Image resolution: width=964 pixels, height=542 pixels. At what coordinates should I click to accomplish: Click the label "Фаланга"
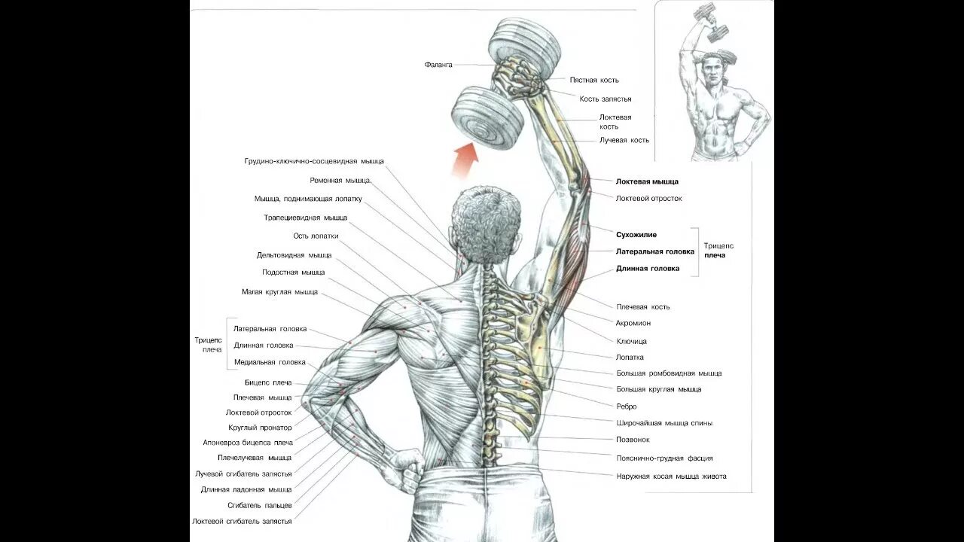point(438,65)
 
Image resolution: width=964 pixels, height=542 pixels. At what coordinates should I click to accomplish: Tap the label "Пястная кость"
point(594,80)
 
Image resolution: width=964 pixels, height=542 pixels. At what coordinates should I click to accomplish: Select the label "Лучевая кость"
point(624,140)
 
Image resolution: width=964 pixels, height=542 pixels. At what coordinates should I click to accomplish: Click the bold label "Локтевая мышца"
point(647,181)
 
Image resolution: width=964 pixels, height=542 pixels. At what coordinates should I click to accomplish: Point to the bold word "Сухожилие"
point(636,235)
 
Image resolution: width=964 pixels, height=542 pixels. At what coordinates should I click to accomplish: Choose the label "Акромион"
point(633,323)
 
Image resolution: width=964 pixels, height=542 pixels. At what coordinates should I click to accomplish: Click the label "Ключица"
point(631,341)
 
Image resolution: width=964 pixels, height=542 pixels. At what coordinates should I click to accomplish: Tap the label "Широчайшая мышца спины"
point(664,423)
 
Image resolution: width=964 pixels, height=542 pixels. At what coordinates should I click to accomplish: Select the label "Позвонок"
point(633,440)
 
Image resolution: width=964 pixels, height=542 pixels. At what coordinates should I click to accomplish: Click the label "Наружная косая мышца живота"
point(671,476)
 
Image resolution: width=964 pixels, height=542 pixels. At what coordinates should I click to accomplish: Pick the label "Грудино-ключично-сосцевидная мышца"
point(314,161)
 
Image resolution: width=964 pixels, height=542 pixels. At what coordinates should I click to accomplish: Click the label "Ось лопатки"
point(316,236)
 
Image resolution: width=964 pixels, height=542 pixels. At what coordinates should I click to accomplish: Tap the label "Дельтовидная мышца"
point(294,255)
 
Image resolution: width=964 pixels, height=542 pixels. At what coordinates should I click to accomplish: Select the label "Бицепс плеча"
point(268,382)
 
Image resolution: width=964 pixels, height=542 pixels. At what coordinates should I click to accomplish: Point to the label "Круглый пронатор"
point(260,428)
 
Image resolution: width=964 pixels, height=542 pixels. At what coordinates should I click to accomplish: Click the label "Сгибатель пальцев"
point(259,505)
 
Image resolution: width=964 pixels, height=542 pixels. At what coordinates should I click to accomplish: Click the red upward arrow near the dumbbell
point(465,159)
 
